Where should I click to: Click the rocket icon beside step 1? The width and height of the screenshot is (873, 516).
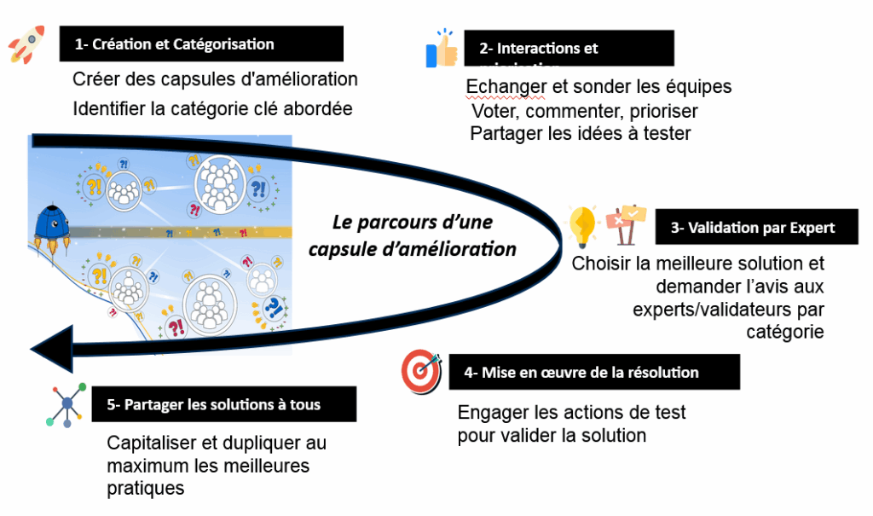27,43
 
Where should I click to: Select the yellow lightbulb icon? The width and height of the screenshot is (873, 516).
585,226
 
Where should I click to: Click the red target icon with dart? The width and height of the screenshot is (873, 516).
422,372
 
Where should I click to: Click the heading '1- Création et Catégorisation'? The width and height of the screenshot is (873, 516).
201,43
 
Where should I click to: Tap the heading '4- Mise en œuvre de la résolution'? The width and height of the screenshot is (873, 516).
594,373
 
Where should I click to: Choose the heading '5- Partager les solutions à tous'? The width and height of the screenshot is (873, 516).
214,404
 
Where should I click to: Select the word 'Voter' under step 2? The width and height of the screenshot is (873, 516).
493,111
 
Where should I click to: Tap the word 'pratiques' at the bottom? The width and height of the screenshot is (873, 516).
145,490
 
